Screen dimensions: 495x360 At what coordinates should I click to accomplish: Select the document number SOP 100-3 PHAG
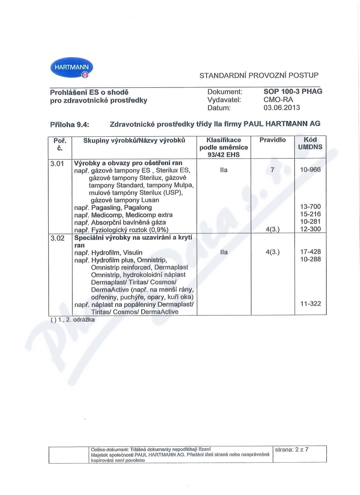pyautogui.click(x=293, y=91)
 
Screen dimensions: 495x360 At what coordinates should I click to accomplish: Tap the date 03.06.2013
pyautogui.click(x=282, y=108)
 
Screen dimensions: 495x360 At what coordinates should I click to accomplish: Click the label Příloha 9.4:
pyautogui.click(x=70, y=124)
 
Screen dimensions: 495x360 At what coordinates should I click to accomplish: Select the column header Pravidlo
pyautogui.click(x=272, y=140)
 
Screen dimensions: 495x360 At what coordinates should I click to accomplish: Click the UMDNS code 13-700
pyautogui.click(x=310, y=207)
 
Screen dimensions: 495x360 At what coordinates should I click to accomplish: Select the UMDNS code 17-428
pyautogui.click(x=310, y=252)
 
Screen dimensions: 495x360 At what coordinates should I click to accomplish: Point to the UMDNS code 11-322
pyautogui.click(x=310, y=304)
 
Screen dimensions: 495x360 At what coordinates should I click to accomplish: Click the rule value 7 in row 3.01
pyautogui.click(x=272, y=170)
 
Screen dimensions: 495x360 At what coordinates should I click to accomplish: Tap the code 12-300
pyautogui.click(x=310, y=229)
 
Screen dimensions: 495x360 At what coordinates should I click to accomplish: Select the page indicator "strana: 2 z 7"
pyautogui.click(x=291, y=449)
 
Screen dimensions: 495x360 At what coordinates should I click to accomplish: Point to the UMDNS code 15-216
pyautogui.click(x=310, y=215)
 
